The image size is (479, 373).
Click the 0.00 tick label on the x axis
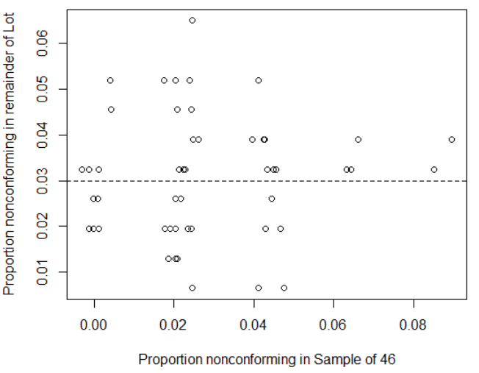click(93, 324)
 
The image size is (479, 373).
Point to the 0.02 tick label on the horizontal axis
click(173, 324)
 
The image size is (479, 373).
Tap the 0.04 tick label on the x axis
click(253, 324)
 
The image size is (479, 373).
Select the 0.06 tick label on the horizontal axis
click(334, 324)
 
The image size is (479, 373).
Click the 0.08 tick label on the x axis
click(414, 324)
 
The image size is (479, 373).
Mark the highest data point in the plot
click(192, 21)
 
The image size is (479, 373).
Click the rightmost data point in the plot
click(452, 139)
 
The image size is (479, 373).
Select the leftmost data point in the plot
click(82, 169)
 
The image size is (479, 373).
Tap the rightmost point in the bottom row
click(284, 288)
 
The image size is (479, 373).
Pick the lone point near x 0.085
click(434, 169)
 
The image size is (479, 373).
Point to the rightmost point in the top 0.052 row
click(259, 80)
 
